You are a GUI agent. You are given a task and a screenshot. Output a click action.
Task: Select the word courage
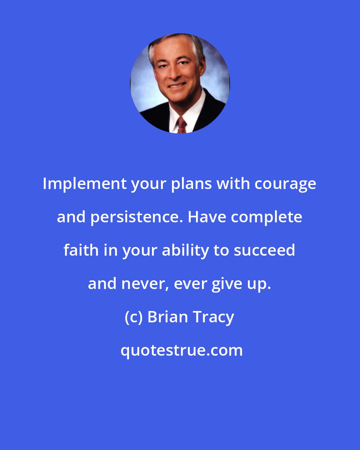[285, 184]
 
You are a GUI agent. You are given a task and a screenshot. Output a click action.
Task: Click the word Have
[207, 217]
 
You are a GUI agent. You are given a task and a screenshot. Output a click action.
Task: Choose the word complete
[267, 217]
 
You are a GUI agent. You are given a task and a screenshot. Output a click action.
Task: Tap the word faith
[81, 250]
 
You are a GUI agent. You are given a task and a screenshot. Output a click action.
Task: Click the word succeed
[264, 250]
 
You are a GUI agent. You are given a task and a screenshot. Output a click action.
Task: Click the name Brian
[168, 317]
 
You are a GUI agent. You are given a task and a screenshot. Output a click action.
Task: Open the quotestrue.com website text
[182, 350]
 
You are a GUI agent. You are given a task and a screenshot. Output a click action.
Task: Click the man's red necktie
[182, 125]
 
